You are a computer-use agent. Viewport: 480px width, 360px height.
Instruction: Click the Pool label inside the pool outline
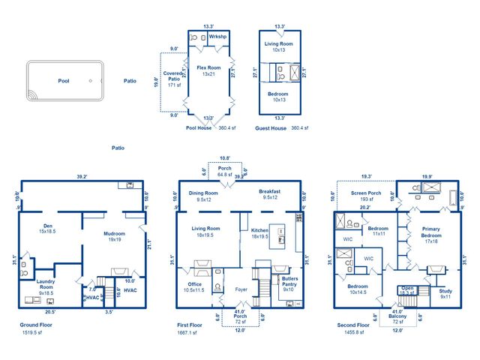64,80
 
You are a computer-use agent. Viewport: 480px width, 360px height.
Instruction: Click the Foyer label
241,289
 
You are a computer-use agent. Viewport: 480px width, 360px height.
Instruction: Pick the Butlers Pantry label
289,280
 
